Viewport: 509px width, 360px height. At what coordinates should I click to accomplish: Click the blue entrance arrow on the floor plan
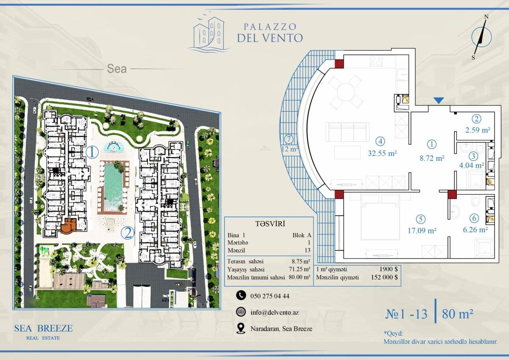tap(439, 101)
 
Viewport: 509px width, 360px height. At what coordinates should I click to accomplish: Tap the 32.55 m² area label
tap(382, 153)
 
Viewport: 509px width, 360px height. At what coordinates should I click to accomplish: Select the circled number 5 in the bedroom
tap(421, 219)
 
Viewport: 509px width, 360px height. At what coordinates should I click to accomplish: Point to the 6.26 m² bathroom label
tap(475, 230)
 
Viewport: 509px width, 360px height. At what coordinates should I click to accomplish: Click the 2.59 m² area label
tap(478, 130)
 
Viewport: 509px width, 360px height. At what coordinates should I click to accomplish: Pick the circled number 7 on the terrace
tap(288, 139)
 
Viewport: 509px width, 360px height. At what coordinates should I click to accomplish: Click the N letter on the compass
tap(486, 17)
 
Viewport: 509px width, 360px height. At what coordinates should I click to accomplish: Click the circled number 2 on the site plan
tap(127, 233)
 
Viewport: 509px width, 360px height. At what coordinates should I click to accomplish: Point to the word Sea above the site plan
tap(117, 69)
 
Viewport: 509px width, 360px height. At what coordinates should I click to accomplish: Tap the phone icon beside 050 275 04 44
tap(241, 295)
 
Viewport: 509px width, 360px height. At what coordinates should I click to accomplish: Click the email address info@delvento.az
tap(274, 312)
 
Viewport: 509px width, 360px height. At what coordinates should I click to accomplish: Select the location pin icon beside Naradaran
tap(241, 329)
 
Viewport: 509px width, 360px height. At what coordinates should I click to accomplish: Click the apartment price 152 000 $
tap(384, 277)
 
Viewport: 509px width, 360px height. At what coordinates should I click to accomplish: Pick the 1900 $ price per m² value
tap(389, 269)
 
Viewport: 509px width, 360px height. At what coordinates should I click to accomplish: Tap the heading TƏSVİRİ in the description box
tap(270, 224)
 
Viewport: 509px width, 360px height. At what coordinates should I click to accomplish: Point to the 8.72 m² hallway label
tap(432, 158)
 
